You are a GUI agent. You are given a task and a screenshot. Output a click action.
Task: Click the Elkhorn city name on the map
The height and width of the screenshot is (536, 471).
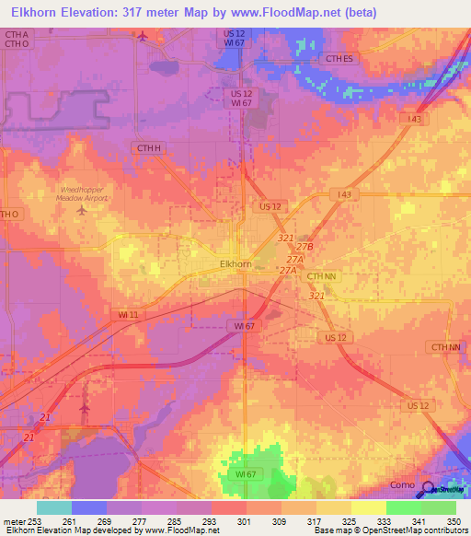pos(236,263)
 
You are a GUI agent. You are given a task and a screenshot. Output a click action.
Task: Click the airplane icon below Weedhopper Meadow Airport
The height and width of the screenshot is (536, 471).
pos(82,209)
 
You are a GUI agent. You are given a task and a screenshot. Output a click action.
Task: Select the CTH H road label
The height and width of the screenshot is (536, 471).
pos(148,147)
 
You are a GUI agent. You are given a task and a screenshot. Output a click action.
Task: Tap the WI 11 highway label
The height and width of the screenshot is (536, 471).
pos(128,315)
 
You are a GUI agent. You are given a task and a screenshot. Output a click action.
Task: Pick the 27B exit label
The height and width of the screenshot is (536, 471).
pos(305,248)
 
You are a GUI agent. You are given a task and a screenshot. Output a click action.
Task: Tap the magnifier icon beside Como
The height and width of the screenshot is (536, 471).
pos(430,489)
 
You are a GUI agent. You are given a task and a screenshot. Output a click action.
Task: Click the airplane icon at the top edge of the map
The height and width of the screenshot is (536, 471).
pos(142,36)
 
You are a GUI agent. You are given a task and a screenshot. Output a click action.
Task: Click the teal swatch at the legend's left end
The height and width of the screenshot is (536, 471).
pos(54,507)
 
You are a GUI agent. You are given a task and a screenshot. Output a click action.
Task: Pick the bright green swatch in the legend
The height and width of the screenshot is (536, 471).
pos(403,507)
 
